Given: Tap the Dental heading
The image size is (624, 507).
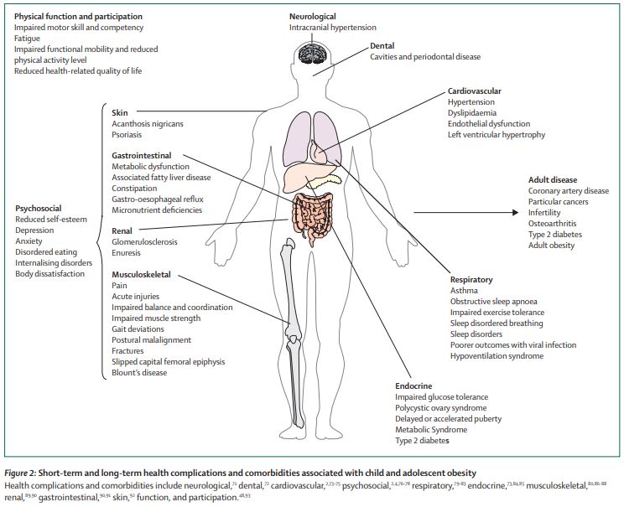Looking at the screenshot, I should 383,45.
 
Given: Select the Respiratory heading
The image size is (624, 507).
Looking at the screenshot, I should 471,279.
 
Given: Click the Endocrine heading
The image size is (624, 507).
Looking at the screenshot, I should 415,385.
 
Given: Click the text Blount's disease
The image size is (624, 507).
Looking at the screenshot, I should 139,373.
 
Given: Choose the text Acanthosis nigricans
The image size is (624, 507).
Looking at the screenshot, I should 148,123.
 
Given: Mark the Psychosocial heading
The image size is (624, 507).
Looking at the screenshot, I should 39,209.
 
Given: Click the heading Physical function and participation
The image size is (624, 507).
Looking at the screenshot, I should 78,16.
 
